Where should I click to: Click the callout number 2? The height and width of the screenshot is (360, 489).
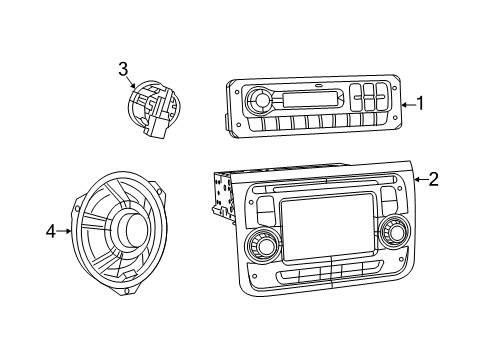[x=433, y=180]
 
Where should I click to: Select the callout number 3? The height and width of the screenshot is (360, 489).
[x=123, y=69]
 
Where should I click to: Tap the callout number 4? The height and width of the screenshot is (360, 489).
[x=51, y=232]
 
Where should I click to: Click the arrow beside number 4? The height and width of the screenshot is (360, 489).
[x=66, y=232]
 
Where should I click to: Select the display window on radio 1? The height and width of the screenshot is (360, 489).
[x=311, y=99]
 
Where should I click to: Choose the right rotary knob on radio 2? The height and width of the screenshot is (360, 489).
[x=393, y=233]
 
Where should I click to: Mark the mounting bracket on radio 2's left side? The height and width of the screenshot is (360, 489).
[x=221, y=196]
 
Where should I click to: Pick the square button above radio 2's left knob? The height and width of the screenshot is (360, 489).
[x=264, y=209]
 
